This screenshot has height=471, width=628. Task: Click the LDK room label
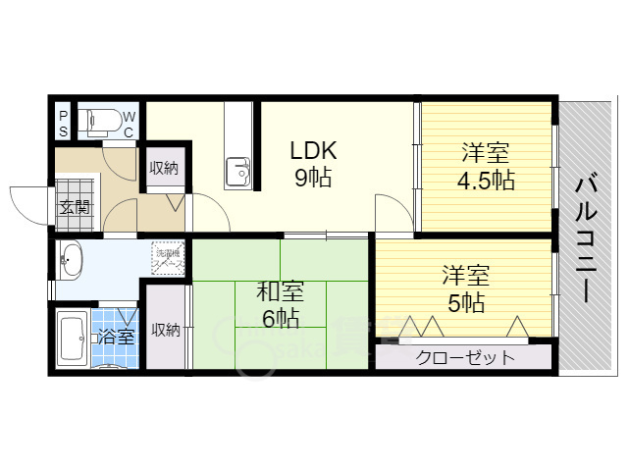pyautogui.click(x=313, y=151)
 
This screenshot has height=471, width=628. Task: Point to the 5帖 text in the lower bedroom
pyautogui.click(x=465, y=303)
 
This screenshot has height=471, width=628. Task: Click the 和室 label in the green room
pyautogui.click(x=280, y=291)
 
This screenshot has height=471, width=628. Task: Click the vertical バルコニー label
pyautogui.click(x=585, y=235)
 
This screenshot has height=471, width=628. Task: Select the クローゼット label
pyautogui.click(x=465, y=357)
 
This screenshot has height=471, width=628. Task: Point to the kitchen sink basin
pyautogui.click(x=238, y=173)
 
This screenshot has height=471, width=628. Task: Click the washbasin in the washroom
pyautogui.click(x=71, y=260)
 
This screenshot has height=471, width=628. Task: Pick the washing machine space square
pyautogui.click(x=166, y=258)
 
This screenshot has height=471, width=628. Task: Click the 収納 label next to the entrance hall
pyautogui.click(x=164, y=168)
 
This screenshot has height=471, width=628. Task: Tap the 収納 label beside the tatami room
pyautogui.click(x=165, y=330)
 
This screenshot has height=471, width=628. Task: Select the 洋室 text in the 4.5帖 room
pyautogui.click(x=485, y=154)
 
